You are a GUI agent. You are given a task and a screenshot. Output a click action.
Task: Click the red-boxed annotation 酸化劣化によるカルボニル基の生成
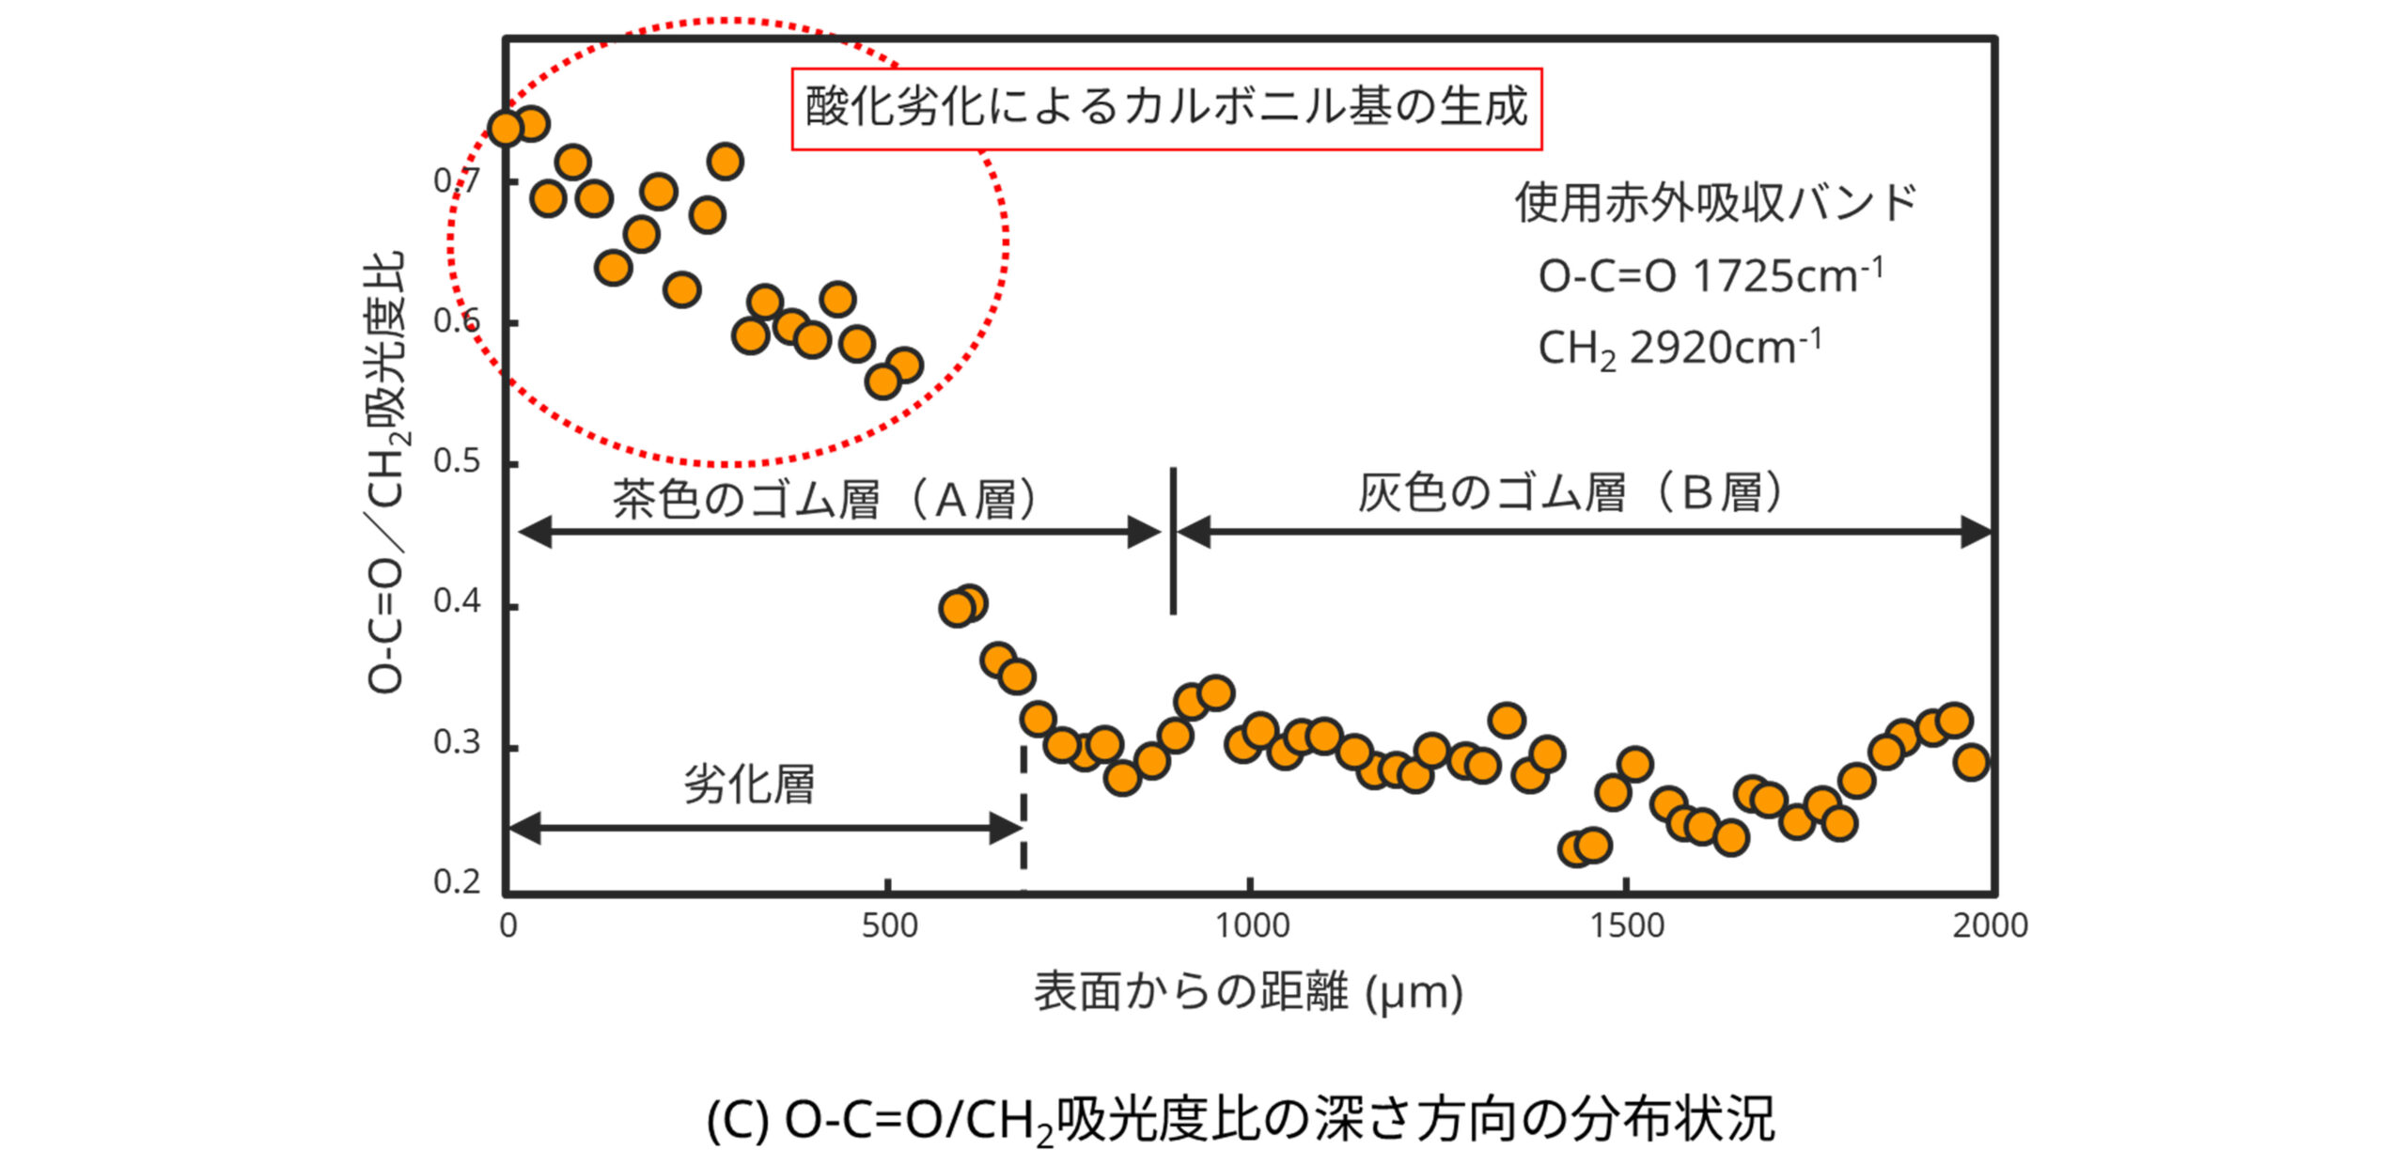[x=1165, y=108]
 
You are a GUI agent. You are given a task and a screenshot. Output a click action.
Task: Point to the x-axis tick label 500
[x=889, y=926]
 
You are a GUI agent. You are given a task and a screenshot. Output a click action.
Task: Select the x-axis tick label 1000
[x=1251, y=926]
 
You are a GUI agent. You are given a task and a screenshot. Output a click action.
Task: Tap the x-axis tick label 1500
[x=1626, y=926]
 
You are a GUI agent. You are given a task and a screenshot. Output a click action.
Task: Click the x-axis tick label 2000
[x=1990, y=926]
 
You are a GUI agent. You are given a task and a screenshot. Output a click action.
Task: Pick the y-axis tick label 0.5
[x=457, y=461]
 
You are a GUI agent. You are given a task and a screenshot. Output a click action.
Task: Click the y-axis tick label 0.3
[x=457, y=743]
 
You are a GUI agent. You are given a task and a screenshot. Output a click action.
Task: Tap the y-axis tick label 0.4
[x=457, y=601]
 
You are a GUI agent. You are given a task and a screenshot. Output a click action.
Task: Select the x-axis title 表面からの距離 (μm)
[x=1248, y=992]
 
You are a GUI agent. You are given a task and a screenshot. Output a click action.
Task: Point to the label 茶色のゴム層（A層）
[x=825, y=499]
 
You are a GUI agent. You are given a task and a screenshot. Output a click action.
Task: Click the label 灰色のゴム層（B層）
[x=1570, y=493]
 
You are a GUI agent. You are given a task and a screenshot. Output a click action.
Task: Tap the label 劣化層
[x=749, y=784]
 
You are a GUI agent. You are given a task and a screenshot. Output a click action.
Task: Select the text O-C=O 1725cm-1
[x=1710, y=276]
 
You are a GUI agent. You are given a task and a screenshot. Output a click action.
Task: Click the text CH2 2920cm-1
[x=1680, y=349]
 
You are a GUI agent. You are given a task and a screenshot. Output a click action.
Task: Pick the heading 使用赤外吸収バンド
[x=1715, y=203]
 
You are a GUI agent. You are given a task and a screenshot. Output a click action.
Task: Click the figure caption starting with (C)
[x=1241, y=1120]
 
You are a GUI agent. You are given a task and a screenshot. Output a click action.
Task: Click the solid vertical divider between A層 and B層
[x=1173, y=541]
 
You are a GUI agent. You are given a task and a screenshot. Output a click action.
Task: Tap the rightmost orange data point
[x=1971, y=761]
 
